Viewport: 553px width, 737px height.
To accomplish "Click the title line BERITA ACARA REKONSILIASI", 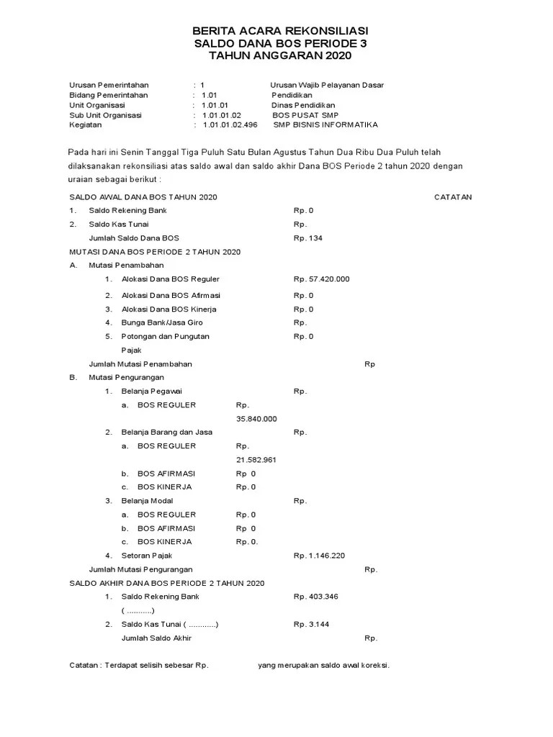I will pos(280,31).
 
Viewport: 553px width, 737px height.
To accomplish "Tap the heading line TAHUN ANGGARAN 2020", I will pos(280,56).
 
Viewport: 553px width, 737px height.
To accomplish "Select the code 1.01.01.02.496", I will pos(230,125).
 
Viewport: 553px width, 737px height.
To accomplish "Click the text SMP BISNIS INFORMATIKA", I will pos(325,125).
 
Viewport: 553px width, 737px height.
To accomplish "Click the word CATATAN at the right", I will pos(453,197).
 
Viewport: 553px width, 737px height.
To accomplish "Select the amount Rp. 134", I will pos(307,238).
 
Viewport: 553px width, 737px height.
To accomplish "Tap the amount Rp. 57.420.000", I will pos(321,279).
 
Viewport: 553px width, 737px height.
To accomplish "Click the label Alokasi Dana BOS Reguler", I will pos(171,279).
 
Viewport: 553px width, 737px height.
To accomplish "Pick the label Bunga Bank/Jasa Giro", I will pos(162,323).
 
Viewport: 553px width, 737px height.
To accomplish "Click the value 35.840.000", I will pos(256,419).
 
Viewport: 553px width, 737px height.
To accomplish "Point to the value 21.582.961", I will pos(256,460).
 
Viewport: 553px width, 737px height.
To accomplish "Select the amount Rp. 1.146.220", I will pos(319,556).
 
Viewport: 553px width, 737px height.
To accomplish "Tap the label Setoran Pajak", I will pos(147,556).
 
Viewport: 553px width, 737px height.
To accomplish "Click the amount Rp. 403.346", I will pos(315,597).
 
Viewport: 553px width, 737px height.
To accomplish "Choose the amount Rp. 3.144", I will pos(311,625).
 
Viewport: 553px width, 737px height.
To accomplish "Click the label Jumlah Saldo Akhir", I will pos(156,638).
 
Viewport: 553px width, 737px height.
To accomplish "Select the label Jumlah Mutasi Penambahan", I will pos(140,364).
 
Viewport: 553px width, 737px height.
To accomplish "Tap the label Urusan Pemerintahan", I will pos(109,85).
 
